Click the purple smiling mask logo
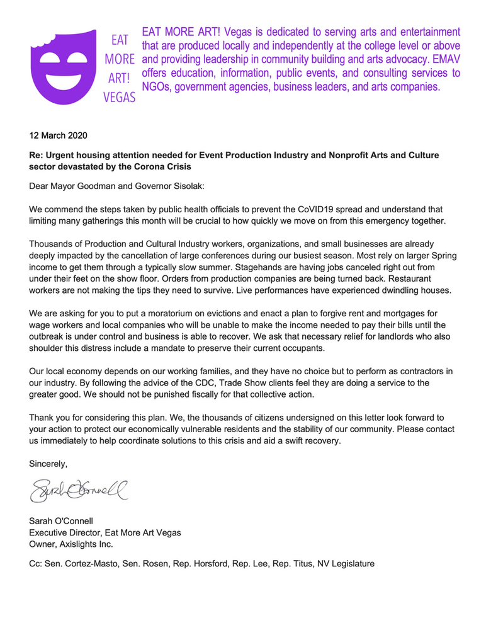click(65, 65)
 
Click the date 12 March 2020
click(59, 135)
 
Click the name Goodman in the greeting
click(101, 185)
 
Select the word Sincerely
click(48, 464)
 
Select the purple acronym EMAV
click(443, 59)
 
